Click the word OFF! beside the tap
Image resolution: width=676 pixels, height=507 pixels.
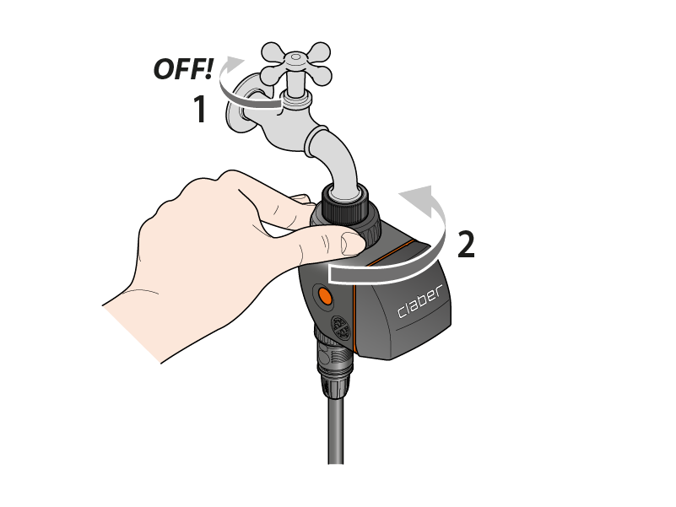tap(183, 69)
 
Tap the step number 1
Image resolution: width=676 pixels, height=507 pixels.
tap(200, 109)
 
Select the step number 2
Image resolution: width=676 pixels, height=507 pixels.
tap(466, 245)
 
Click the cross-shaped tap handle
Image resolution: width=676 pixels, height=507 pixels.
tap(296, 64)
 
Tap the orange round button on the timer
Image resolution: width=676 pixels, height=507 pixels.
tap(324, 296)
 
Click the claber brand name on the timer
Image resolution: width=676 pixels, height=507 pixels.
tap(419, 301)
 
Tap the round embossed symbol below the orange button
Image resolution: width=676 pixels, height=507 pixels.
tap(341, 327)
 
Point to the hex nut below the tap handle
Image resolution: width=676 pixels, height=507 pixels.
tap(295, 99)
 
